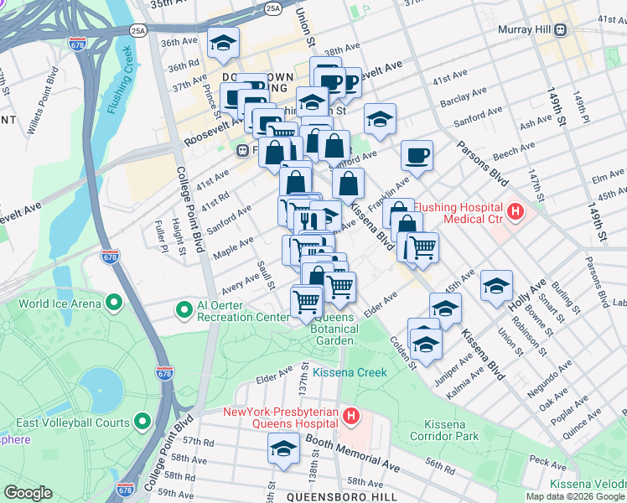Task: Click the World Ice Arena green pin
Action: point(110,303)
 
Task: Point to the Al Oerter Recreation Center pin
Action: point(184,310)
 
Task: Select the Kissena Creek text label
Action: point(350,372)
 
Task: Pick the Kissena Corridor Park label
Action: point(444,429)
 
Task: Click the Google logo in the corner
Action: point(28,493)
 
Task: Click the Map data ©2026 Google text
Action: point(575,496)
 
